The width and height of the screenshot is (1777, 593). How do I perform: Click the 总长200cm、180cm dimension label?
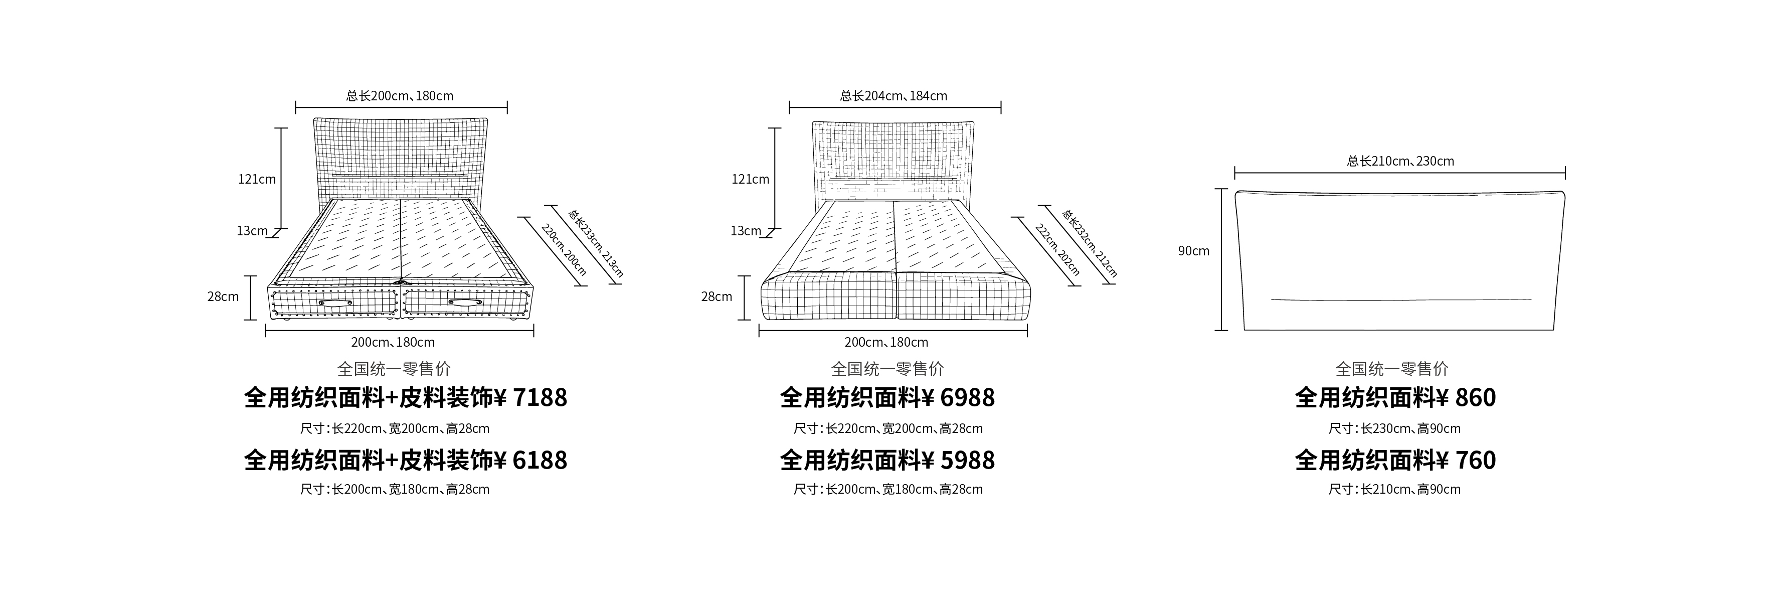tap(400, 96)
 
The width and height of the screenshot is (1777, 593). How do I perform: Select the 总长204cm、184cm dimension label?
tap(894, 96)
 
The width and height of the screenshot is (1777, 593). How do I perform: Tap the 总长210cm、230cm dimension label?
tap(1400, 161)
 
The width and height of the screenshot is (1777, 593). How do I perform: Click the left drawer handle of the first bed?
tap(335, 303)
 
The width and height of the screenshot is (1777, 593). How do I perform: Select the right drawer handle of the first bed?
tap(464, 303)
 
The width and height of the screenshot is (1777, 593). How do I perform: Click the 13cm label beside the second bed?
tap(746, 231)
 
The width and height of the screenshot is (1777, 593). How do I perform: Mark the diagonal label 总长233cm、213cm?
tap(595, 243)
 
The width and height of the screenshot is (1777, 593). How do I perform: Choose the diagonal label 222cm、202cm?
tap(1057, 249)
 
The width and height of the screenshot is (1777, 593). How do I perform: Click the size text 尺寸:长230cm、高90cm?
tap(1394, 429)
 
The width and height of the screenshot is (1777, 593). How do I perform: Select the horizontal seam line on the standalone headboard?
tap(1401, 300)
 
